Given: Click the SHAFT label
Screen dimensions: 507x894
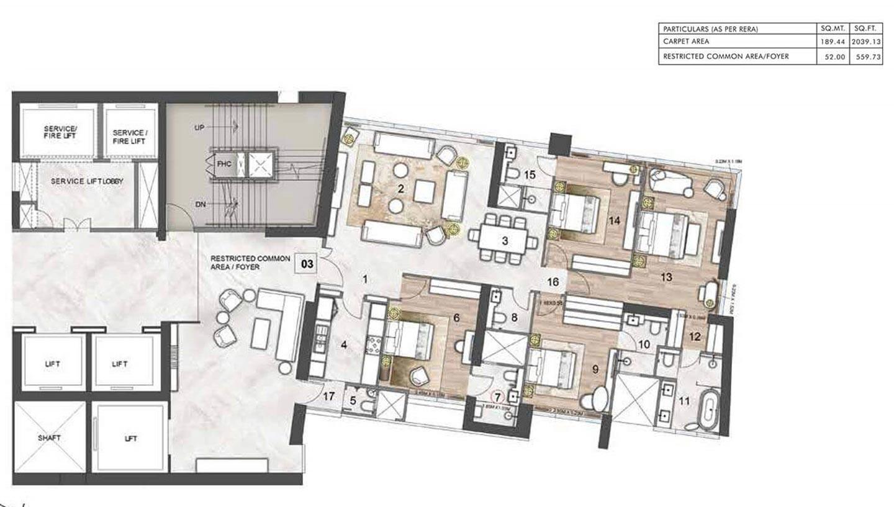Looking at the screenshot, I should coord(49,438).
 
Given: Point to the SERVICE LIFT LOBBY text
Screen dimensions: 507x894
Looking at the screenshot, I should coord(87,181).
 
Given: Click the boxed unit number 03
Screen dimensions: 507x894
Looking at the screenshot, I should coord(307,264).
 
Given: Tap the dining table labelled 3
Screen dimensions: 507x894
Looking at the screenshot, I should coord(503,240).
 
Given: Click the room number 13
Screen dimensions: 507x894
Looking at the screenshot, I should coord(666,277).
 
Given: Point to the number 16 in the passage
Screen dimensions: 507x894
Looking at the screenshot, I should coord(553,282).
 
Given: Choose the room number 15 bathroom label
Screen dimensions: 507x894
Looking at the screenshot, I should coord(529,175).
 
